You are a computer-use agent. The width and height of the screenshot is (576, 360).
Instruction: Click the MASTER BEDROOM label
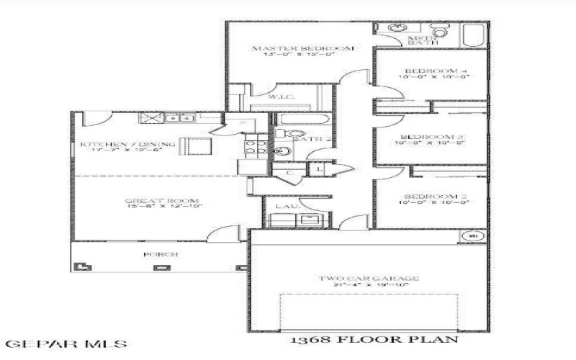(x=302, y=48)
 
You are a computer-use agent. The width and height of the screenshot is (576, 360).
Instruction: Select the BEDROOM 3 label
(x=431, y=137)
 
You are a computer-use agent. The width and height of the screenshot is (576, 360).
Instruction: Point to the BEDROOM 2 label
(x=431, y=197)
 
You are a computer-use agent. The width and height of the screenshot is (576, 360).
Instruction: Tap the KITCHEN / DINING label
(x=127, y=145)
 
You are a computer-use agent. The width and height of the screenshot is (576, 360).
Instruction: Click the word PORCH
(x=161, y=254)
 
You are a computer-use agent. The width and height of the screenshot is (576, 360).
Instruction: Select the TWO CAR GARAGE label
(x=368, y=278)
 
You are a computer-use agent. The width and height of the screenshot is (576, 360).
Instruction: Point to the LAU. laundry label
(x=284, y=207)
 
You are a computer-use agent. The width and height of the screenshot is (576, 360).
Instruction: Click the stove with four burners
(x=253, y=148)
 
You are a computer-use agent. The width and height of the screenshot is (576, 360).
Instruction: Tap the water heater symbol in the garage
(x=473, y=235)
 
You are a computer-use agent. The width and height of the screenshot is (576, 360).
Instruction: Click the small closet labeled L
(x=319, y=168)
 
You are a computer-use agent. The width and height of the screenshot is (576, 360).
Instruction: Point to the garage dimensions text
(x=368, y=286)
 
